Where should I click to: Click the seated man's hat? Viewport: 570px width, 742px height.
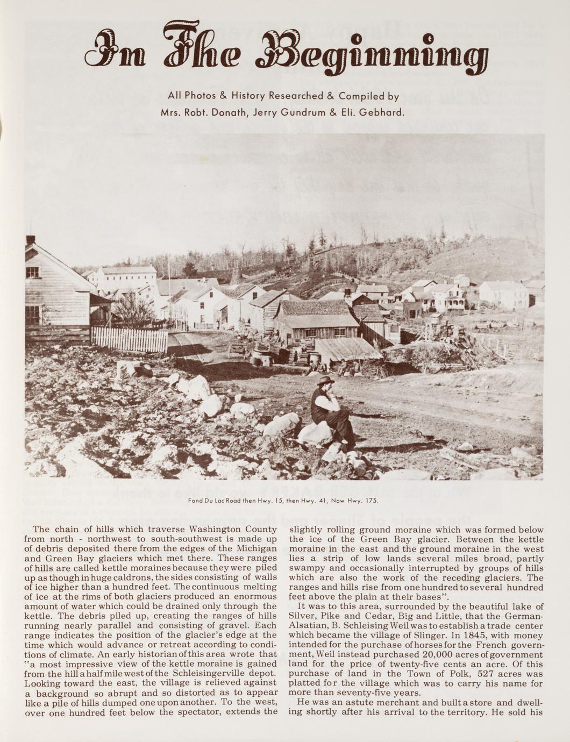(x=325, y=381)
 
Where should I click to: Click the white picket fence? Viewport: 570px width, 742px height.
(x=129, y=340)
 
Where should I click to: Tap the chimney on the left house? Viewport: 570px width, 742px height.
(x=30, y=240)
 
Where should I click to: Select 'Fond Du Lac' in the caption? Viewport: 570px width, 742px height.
(x=205, y=501)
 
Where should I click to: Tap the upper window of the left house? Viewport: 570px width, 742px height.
(x=32, y=272)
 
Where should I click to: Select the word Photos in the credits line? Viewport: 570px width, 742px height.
(x=199, y=96)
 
